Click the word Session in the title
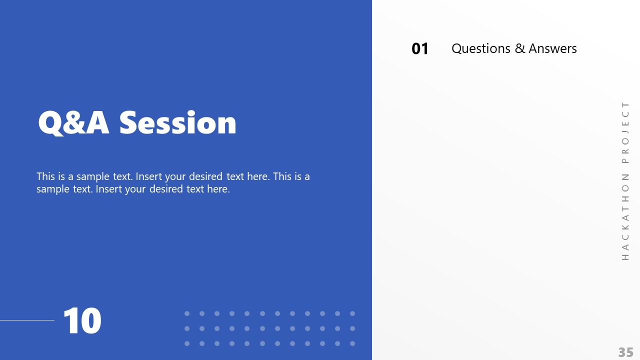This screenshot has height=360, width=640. (x=177, y=122)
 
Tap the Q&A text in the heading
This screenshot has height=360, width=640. (x=73, y=123)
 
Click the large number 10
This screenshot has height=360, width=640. (x=82, y=321)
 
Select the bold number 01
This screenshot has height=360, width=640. (x=420, y=48)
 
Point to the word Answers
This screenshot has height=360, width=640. (x=552, y=48)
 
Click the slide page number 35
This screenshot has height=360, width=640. (x=626, y=352)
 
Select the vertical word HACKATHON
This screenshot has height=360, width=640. (x=625, y=217)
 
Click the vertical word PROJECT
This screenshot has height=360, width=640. (x=625, y=132)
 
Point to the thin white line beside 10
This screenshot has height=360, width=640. (x=27, y=320)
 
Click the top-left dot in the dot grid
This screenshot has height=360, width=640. (x=187, y=313)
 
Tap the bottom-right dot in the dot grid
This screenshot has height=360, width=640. (x=352, y=343)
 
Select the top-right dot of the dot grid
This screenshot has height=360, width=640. (x=352, y=313)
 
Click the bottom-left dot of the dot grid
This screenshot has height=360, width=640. (x=187, y=343)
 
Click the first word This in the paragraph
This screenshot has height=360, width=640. (x=45, y=176)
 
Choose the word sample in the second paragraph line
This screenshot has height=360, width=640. (x=52, y=189)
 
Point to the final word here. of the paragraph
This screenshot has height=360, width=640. (x=218, y=189)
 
